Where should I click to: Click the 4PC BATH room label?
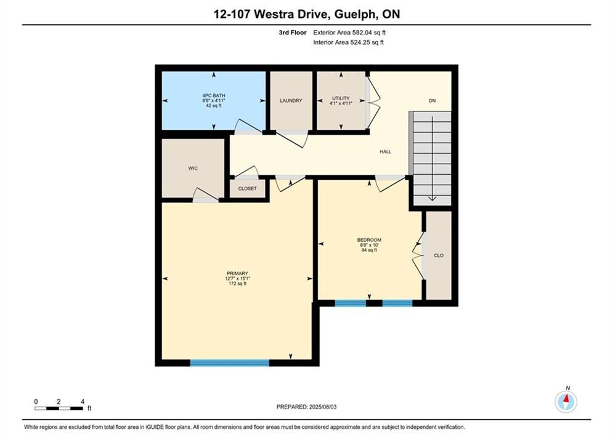tap(213, 95)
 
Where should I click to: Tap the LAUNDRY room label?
tap(291, 101)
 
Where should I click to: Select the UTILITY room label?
tap(341, 98)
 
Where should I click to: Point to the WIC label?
tap(193, 168)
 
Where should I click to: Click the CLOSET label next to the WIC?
tap(248, 188)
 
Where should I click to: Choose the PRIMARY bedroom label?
tap(237, 274)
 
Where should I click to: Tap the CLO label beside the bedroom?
tap(439, 256)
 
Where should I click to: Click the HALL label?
tap(386, 152)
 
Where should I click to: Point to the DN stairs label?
tap(432, 101)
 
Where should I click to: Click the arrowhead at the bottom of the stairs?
tap(432, 199)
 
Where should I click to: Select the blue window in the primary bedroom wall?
tap(229, 363)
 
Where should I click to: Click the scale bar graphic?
tap(59, 409)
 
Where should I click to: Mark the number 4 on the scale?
tap(83, 402)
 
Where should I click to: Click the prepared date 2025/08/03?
tap(323, 407)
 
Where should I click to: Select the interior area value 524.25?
tap(359, 42)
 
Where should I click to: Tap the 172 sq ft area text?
tap(237, 284)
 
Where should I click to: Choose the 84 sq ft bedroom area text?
tap(369, 250)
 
